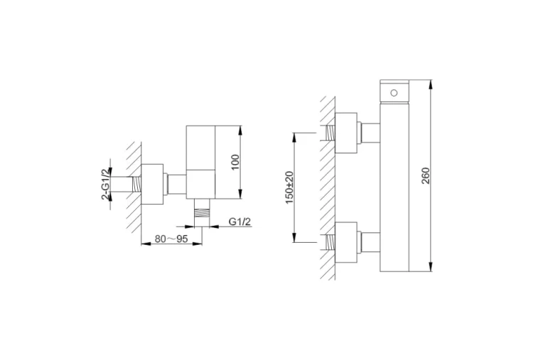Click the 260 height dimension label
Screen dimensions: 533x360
coord(426,175)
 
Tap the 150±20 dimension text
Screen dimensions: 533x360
coord(290,187)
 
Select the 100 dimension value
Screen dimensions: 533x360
coord(235,163)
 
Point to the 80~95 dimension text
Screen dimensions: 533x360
coord(171,239)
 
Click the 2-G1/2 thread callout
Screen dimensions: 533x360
coord(107,183)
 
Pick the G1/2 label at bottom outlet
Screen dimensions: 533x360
coord(239,222)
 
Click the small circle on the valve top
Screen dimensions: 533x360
coord(394,93)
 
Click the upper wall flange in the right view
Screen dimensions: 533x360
coord(346,133)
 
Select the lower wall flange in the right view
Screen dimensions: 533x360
coord(346,243)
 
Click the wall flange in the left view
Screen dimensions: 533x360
coord(152,185)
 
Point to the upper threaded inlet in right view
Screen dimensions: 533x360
coord(330,133)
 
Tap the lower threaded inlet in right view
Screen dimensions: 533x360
coord(330,243)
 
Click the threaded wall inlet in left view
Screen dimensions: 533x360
coord(136,185)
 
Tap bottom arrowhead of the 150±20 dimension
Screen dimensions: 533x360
coord(294,238)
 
